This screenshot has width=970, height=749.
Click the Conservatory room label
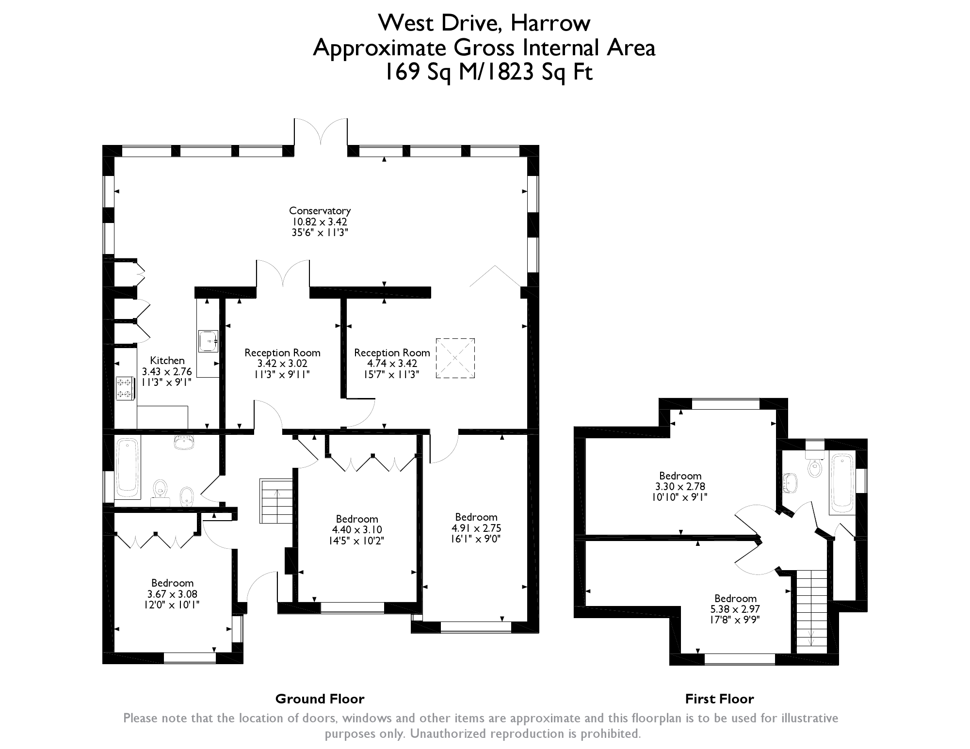pyautogui.click(x=320, y=211)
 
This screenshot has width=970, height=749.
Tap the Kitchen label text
pyautogui.click(x=167, y=361)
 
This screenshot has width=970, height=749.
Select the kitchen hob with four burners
pyautogui.click(x=125, y=389)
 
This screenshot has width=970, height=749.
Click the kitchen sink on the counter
pyautogui.click(x=209, y=341)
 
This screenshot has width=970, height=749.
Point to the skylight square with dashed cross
pyautogui.click(x=455, y=358)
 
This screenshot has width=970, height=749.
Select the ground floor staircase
pyautogui.click(x=277, y=501)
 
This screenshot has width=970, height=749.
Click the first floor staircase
pyautogui.click(x=812, y=611)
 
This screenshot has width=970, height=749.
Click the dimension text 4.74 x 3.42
pyautogui.click(x=392, y=364)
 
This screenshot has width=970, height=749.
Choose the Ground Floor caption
pyautogui.click(x=320, y=699)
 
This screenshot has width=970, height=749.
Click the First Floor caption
pyautogui.click(x=719, y=699)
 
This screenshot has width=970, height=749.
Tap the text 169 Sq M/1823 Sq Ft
pyautogui.click(x=488, y=73)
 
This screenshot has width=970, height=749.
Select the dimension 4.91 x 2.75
pyautogui.click(x=476, y=528)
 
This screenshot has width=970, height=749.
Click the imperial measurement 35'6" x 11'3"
pyautogui.click(x=320, y=232)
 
